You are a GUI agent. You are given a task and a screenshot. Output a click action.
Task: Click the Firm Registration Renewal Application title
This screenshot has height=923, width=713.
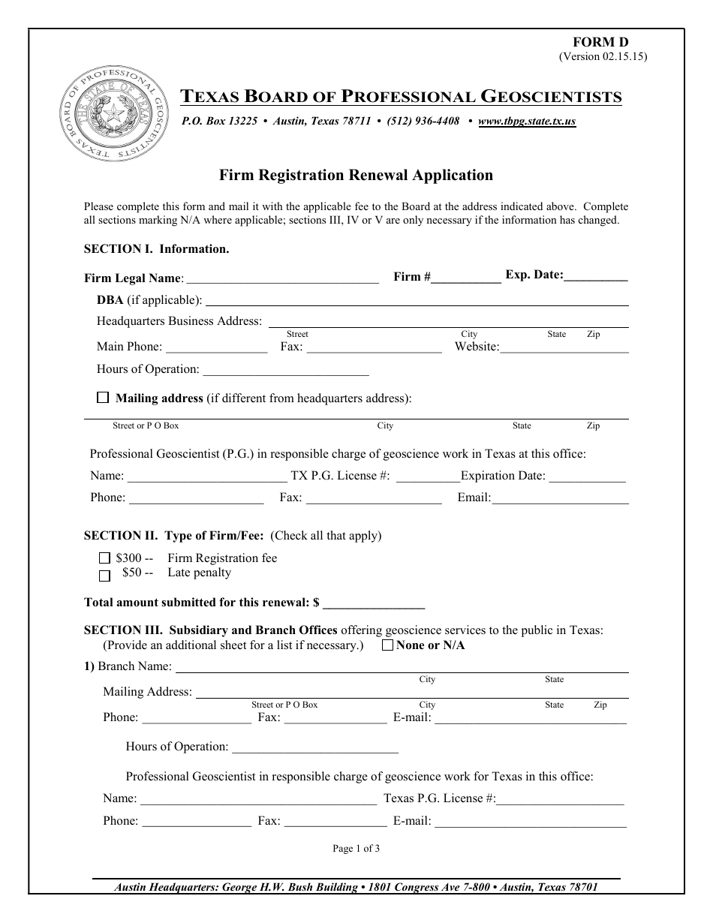[356, 176]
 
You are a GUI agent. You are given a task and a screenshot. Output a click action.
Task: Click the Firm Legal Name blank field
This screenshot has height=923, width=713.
[281, 278]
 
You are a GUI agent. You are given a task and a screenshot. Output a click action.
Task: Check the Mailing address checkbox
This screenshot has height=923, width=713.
[103, 398]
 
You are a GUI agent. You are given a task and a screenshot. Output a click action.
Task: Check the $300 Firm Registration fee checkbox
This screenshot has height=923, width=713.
[104, 558]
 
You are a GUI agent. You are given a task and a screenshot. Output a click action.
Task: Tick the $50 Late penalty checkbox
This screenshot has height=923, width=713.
[104, 575]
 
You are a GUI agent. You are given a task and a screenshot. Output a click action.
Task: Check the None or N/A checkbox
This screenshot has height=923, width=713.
[387, 645]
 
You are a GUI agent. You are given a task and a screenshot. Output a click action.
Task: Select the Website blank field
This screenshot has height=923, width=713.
[564, 347]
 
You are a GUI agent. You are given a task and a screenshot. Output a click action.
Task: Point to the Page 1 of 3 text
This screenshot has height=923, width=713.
[356, 849]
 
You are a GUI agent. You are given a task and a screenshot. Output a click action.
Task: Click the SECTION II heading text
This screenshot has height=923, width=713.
[173, 536]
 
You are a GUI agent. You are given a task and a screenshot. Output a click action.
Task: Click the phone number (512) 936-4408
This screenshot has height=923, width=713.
[423, 121]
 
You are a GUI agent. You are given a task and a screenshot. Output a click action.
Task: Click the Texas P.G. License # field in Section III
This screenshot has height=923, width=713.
[560, 799]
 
